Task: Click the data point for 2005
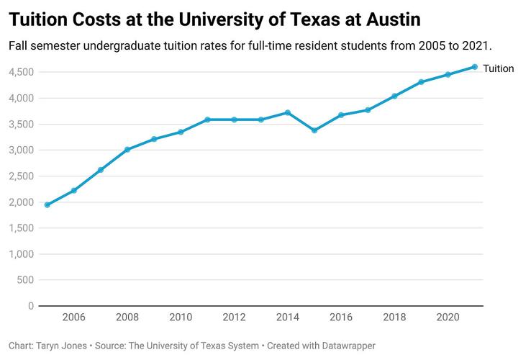pyautogui.click(x=47, y=205)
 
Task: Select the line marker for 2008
pyautogui.click(x=127, y=150)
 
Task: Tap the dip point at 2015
pyautogui.click(x=314, y=130)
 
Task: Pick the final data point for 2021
pyautogui.click(x=474, y=67)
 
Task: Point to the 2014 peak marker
pyautogui.click(x=288, y=112)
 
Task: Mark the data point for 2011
pyautogui.click(x=207, y=120)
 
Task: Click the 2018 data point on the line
pyautogui.click(x=394, y=96)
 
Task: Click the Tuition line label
pyautogui.click(x=499, y=68)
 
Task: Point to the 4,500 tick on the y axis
pyautogui.click(x=21, y=72)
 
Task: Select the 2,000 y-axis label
pyautogui.click(x=21, y=202)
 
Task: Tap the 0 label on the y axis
pyautogui.click(x=31, y=306)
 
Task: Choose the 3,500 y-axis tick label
pyautogui.click(x=21, y=124)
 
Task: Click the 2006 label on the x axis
pyautogui.click(x=74, y=318)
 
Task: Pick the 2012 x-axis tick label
pyautogui.click(x=234, y=318)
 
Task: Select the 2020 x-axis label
pyautogui.click(x=448, y=318)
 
